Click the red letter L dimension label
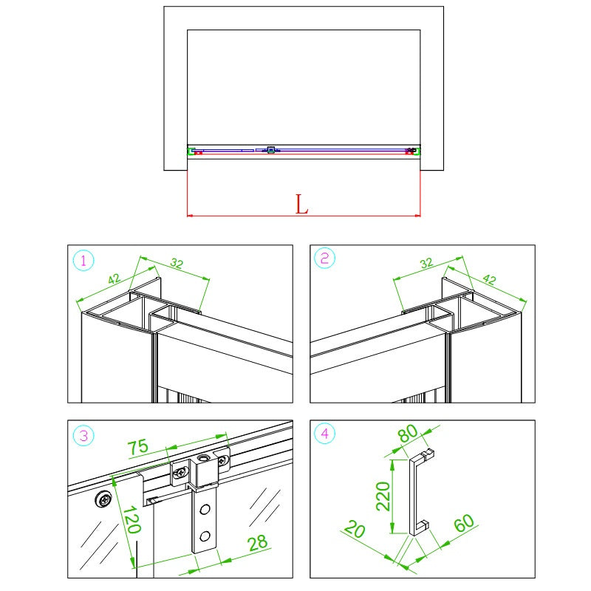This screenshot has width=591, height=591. (301, 205)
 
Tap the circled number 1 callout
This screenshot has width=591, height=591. (83, 261)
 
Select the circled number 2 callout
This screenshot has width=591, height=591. (324, 258)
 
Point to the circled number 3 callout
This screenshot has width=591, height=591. (83, 436)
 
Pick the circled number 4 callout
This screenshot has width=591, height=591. (324, 434)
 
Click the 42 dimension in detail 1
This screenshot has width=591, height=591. (115, 279)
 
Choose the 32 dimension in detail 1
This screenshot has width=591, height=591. (177, 263)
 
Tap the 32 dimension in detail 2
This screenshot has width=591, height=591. (426, 263)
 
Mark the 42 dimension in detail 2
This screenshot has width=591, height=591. (489, 279)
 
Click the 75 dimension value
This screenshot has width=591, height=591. (138, 447)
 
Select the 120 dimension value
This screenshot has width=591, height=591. (132, 519)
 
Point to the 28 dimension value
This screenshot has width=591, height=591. (258, 543)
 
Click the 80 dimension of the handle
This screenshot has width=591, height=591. (408, 434)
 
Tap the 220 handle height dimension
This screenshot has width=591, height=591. (383, 496)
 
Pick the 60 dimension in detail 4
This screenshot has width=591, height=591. (464, 523)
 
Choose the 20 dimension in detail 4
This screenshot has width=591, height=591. (355, 529)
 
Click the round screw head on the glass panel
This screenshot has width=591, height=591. (103, 499)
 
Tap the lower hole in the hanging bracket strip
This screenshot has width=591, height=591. (205, 536)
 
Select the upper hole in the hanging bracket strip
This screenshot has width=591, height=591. (205, 510)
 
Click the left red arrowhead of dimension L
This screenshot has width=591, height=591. (190, 216)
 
